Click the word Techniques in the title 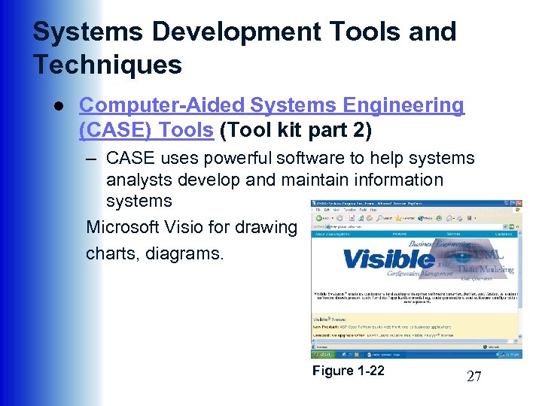coord(107,65)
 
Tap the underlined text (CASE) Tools coord(146,130)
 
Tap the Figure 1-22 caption coord(348,371)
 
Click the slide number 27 coord(473,377)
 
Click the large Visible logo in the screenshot coord(388,259)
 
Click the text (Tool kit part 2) coord(296,130)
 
